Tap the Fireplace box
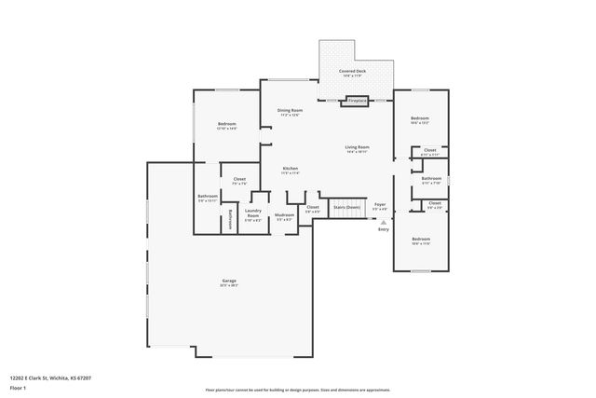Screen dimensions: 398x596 coord(357,100)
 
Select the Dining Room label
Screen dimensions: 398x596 coord(291,111)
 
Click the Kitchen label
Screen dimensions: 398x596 coord(291,169)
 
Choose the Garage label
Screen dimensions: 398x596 coord(229,281)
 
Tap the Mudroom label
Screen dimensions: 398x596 coord(284,215)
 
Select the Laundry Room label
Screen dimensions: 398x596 coord(253,213)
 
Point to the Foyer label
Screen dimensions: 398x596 coord(379,203)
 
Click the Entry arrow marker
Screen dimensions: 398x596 coord(383,222)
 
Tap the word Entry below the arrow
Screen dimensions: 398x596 coord(383,229)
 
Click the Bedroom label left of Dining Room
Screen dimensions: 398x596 coord(227,124)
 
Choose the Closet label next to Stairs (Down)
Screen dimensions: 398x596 coord(312,207)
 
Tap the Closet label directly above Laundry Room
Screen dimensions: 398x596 coord(239,179)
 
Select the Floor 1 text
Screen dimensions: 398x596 coord(19,386)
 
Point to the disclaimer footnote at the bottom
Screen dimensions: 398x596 coord(298,391)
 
